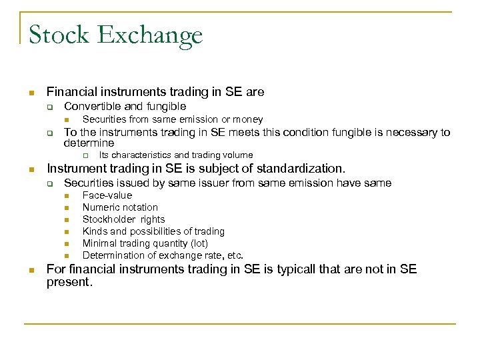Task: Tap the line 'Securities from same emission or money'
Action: pos(172,119)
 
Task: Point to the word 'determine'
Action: pos(89,143)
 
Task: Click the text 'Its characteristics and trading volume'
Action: pos(176,155)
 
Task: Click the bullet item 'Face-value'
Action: pos(107,195)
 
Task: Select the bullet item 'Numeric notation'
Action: pos(120,207)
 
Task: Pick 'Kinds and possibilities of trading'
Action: pos(153,231)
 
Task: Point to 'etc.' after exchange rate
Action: pos(235,255)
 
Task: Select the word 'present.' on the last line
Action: pos(69,282)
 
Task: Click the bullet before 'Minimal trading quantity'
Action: pos(67,243)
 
